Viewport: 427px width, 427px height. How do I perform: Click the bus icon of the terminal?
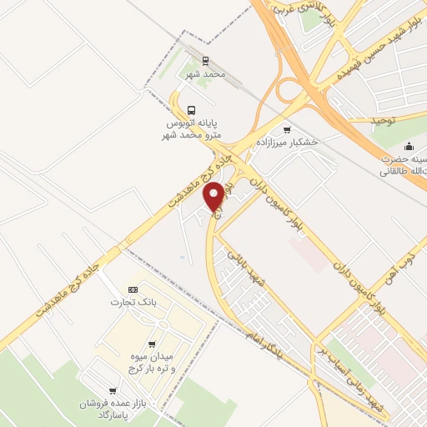(x=193, y=110)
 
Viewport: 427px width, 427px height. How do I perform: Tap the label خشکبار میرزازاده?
(x=289, y=143)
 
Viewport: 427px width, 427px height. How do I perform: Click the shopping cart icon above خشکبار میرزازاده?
(x=288, y=129)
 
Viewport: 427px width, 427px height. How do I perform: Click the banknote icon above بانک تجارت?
(x=132, y=289)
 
